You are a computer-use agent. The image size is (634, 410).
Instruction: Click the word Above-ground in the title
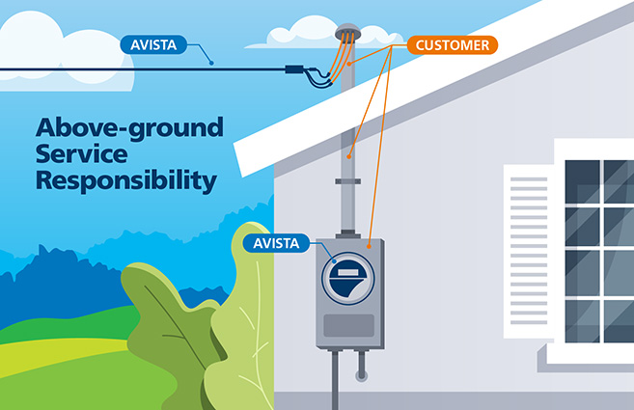pos(129,127)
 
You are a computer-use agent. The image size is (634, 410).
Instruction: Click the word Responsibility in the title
pos(124,179)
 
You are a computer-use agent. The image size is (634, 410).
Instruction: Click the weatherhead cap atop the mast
pos(347,34)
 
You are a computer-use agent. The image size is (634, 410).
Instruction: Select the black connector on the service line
pos(293,69)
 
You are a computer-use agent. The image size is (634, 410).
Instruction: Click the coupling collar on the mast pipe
pos(348,181)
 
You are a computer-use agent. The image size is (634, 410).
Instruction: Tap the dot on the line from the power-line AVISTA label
pos(211,63)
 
